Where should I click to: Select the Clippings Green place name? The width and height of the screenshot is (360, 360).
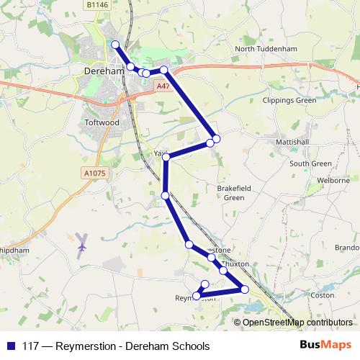[x=289, y=100]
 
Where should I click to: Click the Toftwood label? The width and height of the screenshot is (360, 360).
[x=101, y=122]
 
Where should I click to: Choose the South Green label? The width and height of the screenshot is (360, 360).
[x=310, y=164]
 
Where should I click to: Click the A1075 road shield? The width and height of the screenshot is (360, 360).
[x=94, y=173]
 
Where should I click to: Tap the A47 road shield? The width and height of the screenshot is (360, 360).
[x=163, y=86]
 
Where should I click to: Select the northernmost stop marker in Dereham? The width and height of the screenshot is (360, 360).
[x=115, y=45]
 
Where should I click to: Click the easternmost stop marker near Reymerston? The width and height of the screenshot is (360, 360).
[x=245, y=289]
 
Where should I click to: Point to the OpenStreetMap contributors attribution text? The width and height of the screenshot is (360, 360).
[x=298, y=322]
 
